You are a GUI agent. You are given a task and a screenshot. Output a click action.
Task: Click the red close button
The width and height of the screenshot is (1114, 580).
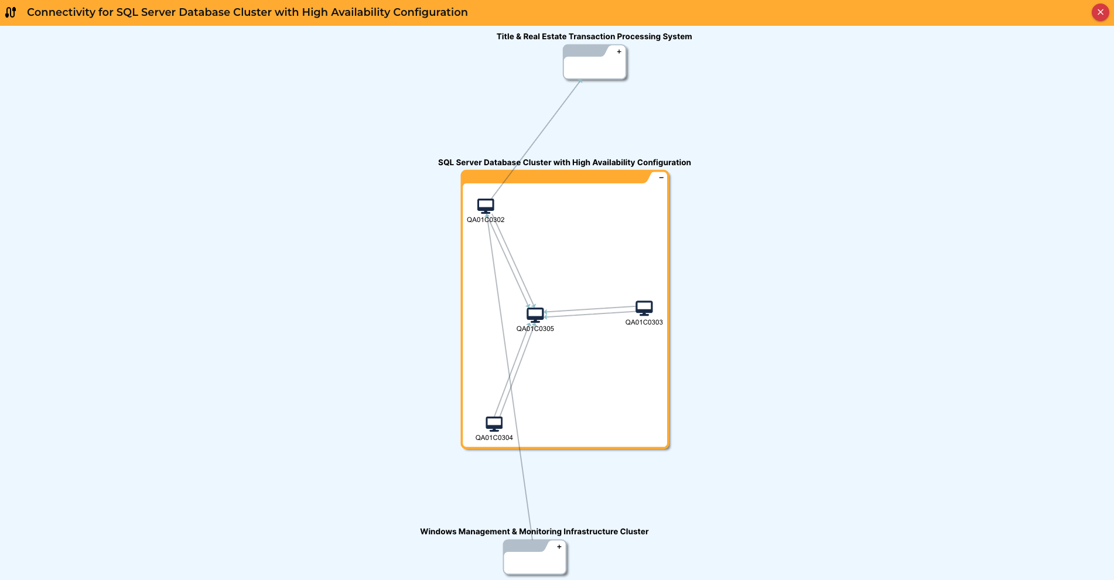click(1100, 12)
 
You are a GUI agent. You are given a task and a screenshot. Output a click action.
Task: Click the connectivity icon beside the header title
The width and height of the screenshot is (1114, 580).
click(11, 12)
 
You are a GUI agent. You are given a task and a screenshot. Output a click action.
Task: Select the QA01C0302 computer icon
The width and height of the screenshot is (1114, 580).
click(486, 206)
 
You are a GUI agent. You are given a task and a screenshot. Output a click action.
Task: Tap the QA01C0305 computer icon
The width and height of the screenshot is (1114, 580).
click(535, 315)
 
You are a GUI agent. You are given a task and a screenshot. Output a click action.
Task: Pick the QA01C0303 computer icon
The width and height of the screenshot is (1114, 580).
click(644, 308)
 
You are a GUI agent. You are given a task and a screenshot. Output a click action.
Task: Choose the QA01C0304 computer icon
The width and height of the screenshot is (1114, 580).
click(494, 424)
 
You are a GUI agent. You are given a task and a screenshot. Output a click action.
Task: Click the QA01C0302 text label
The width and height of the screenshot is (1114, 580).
click(486, 220)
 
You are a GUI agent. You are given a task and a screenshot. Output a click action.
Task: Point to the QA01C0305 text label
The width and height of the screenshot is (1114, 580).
click(535, 329)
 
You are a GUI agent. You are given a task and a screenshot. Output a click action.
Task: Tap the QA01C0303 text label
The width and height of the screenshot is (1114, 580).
click(644, 323)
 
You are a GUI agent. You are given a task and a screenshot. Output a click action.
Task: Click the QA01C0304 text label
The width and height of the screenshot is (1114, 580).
click(494, 438)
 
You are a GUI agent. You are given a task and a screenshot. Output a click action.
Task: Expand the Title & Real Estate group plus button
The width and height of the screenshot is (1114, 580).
click(619, 52)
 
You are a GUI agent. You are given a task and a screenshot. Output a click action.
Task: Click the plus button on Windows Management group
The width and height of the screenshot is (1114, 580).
click(559, 547)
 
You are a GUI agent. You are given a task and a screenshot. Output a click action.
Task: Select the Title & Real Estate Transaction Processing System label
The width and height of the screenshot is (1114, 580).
click(594, 37)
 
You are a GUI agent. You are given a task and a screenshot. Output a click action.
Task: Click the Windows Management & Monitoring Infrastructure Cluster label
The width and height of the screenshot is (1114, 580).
click(534, 532)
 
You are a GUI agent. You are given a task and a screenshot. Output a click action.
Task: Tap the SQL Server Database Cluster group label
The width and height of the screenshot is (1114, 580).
click(564, 163)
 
